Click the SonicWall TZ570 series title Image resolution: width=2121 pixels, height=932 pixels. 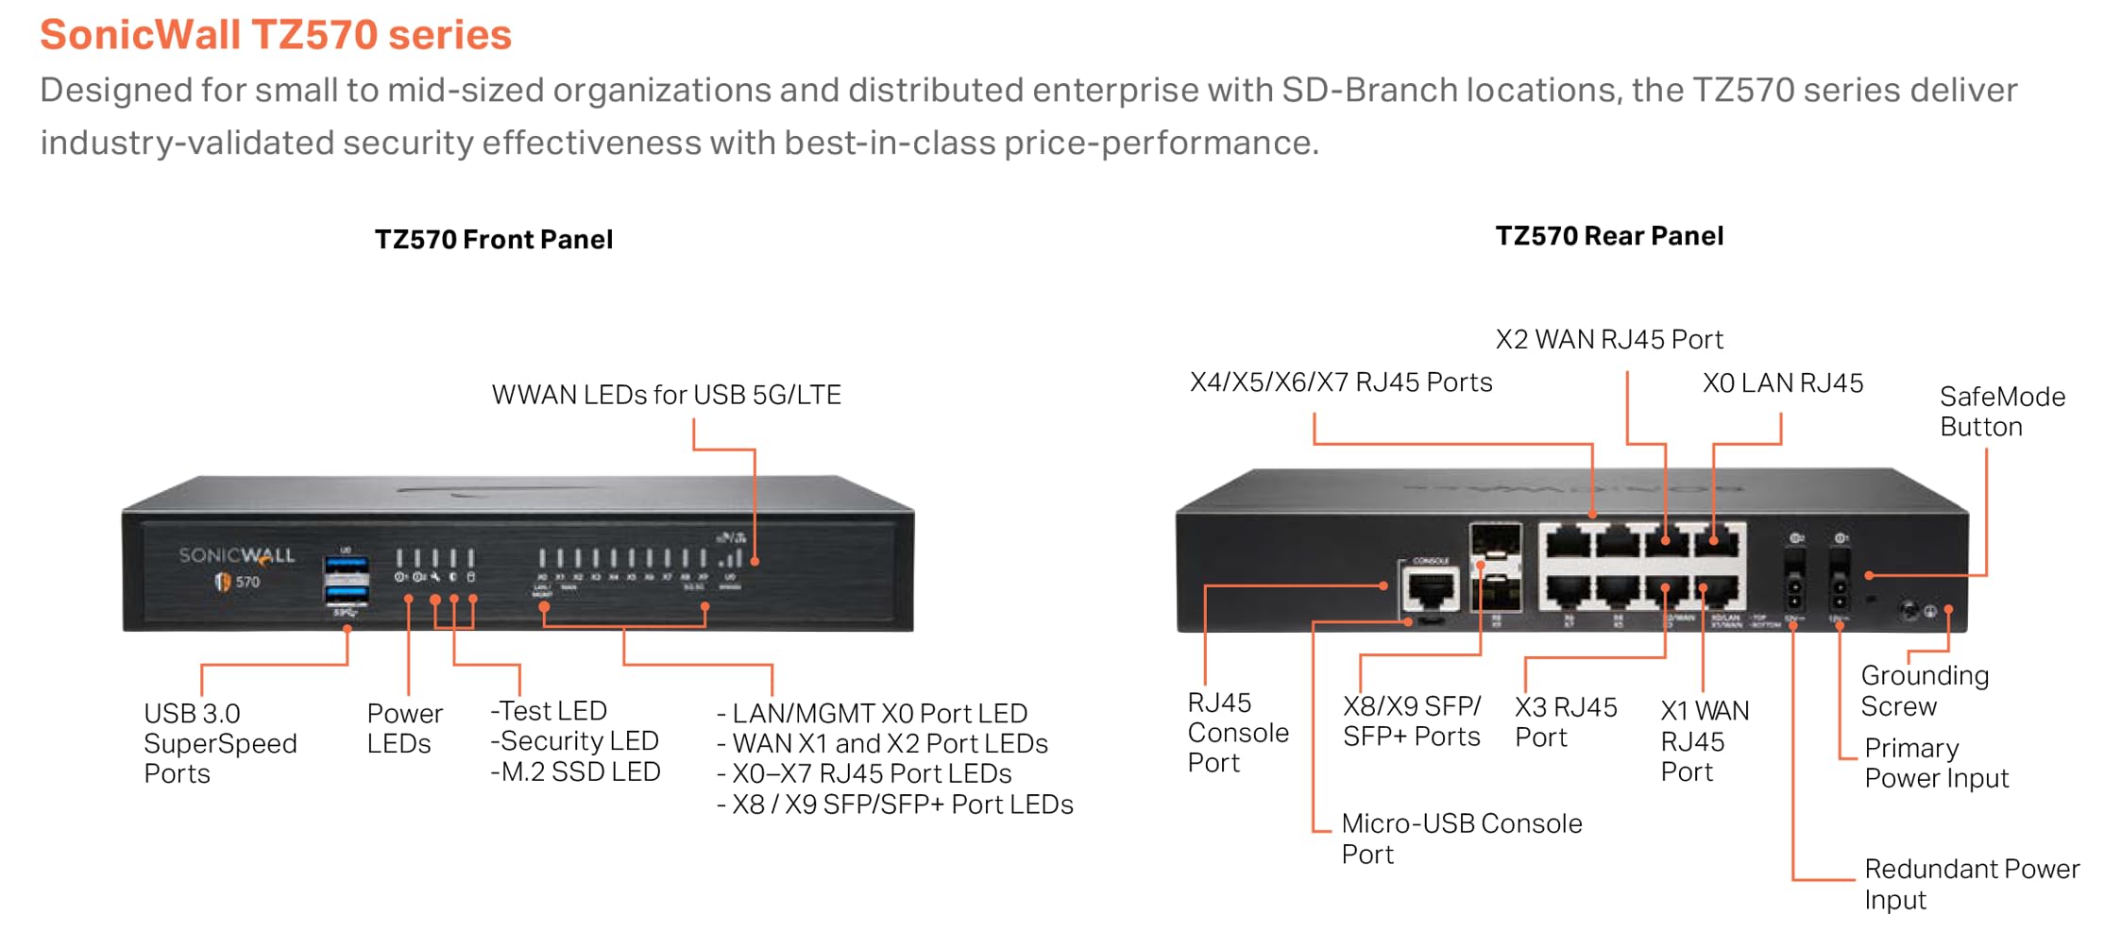[x=275, y=35]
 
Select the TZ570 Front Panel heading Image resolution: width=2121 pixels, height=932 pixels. [x=493, y=240]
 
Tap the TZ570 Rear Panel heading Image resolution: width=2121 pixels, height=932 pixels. [x=1608, y=236]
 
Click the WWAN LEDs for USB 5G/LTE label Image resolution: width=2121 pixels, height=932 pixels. [x=666, y=395]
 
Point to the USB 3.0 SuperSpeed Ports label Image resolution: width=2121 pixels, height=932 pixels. [x=219, y=743]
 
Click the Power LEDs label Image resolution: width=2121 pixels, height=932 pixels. [x=403, y=728]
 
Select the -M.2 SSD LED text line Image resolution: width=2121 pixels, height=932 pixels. [x=575, y=772]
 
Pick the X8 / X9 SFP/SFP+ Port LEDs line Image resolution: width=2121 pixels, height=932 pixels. [x=894, y=805]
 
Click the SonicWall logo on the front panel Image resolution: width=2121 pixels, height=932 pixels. [x=236, y=556]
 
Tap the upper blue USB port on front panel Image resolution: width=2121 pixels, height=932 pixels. [x=346, y=565]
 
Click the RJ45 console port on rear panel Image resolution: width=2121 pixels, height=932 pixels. [x=1430, y=591]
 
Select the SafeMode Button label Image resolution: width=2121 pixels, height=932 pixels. [x=2001, y=412]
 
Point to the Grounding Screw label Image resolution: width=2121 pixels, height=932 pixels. [x=1924, y=691]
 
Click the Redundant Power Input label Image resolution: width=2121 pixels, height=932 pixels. [x=1970, y=884]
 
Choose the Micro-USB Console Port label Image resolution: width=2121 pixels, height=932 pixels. [x=1460, y=839]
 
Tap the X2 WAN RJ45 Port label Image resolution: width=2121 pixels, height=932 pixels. [x=1608, y=340]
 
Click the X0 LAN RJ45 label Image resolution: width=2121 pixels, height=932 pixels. [x=1782, y=383]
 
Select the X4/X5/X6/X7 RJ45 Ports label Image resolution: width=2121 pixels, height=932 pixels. [x=1340, y=382]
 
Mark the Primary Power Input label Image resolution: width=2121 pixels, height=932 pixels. [x=1935, y=763]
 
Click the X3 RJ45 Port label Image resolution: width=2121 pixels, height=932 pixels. [x=1565, y=722]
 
